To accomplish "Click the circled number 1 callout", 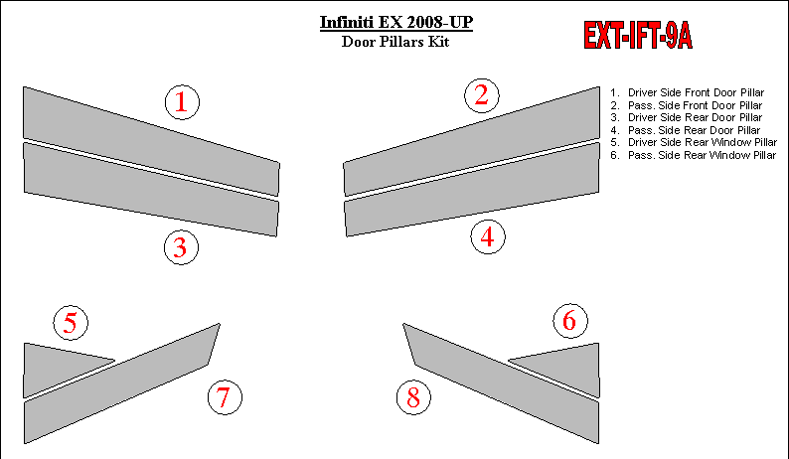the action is pyautogui.click(x=182, y=102).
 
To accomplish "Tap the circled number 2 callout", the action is pyautogui.click(x=482, y=95).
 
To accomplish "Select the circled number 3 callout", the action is pyautogui.click(x=181, y=247).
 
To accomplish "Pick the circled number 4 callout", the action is pyautogui.click(x=488, y=237).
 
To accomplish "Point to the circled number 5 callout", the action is pyautogui.click(x=71, y=323).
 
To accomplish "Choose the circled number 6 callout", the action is pyautogui.click(x=570, y=321).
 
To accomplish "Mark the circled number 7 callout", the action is pyautogui.click(x=225, y=397).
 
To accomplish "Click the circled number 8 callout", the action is pyautogui.click(x=413, y=397).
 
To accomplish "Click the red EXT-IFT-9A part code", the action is pyautogui.click(x=638, y=35).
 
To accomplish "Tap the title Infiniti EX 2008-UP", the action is pyautogui.click(x=396, y=23).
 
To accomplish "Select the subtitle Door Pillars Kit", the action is pyautogui.click(x=395, y=42).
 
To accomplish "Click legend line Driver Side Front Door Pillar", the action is pyautogui.click(x=688, y=92).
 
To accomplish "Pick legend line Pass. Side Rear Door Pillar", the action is pyautogui.click(x=686, y=130).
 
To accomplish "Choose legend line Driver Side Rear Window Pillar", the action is pyautogui.click(x=694, y=142).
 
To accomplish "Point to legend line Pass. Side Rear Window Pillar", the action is pyautogui.click(x=694, y=155).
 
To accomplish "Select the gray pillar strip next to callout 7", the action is pyautogui.click(x=121, y=383).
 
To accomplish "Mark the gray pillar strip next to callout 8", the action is pyautogui.click(x=501, y=383).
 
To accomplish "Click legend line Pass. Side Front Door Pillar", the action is pyautogui.click(x=687, y=105).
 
